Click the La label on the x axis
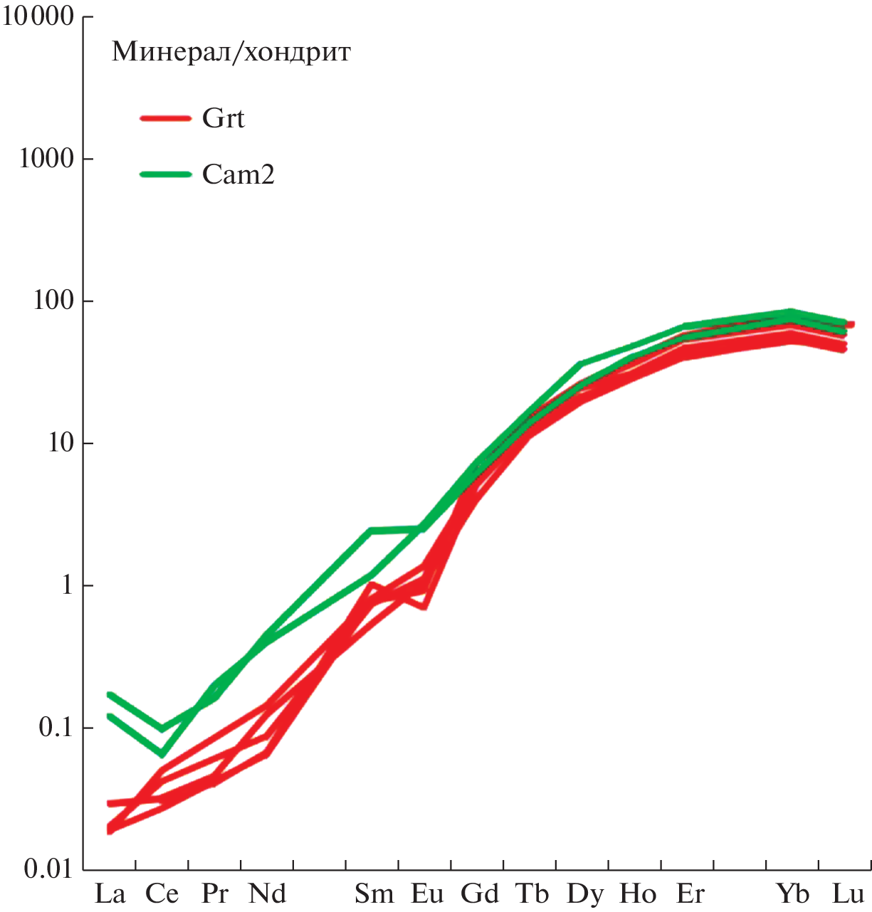[110, 893]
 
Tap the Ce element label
[162, 893]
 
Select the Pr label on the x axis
[214, 893]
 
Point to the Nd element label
[267, 893]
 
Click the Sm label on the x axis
[374, 893]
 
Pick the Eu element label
[427, 893]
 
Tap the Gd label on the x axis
[480, 893]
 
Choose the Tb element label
[532, 893]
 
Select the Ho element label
[638, 893]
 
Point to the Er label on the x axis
[690, 893]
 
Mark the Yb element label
[792, 893]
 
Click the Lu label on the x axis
[847, 893]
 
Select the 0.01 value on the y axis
[48, 869]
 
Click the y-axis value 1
[68, 585]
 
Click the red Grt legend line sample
[165, 118]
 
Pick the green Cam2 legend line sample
[165, 174]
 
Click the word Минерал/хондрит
[231, 53]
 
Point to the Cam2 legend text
[238, 174]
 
